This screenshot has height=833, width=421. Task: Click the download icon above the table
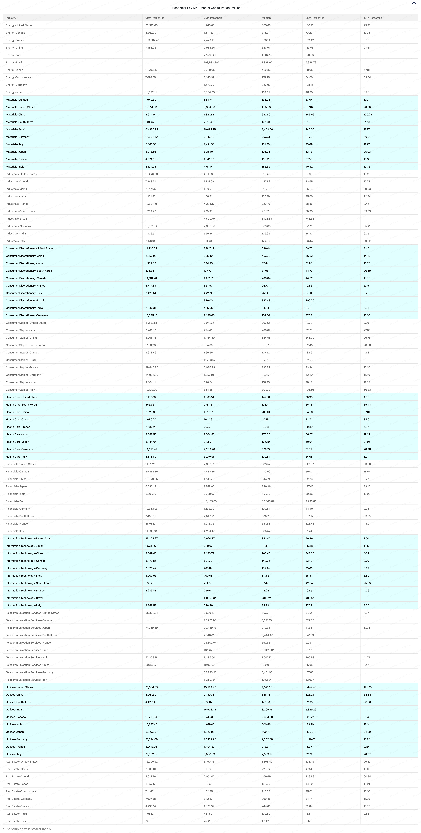tap(414, 3)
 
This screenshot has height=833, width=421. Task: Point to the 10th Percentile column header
tap(372, 18)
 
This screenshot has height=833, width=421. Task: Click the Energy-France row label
tap(15, 40)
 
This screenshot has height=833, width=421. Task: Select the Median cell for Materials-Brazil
tap(267, 129)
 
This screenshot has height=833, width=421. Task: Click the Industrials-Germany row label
tap(18, 226)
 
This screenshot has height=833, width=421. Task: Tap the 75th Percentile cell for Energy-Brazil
tap(211, 62)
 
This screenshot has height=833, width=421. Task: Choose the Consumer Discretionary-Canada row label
tap(26, 278)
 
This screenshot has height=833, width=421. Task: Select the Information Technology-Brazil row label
tap(24, 598)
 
